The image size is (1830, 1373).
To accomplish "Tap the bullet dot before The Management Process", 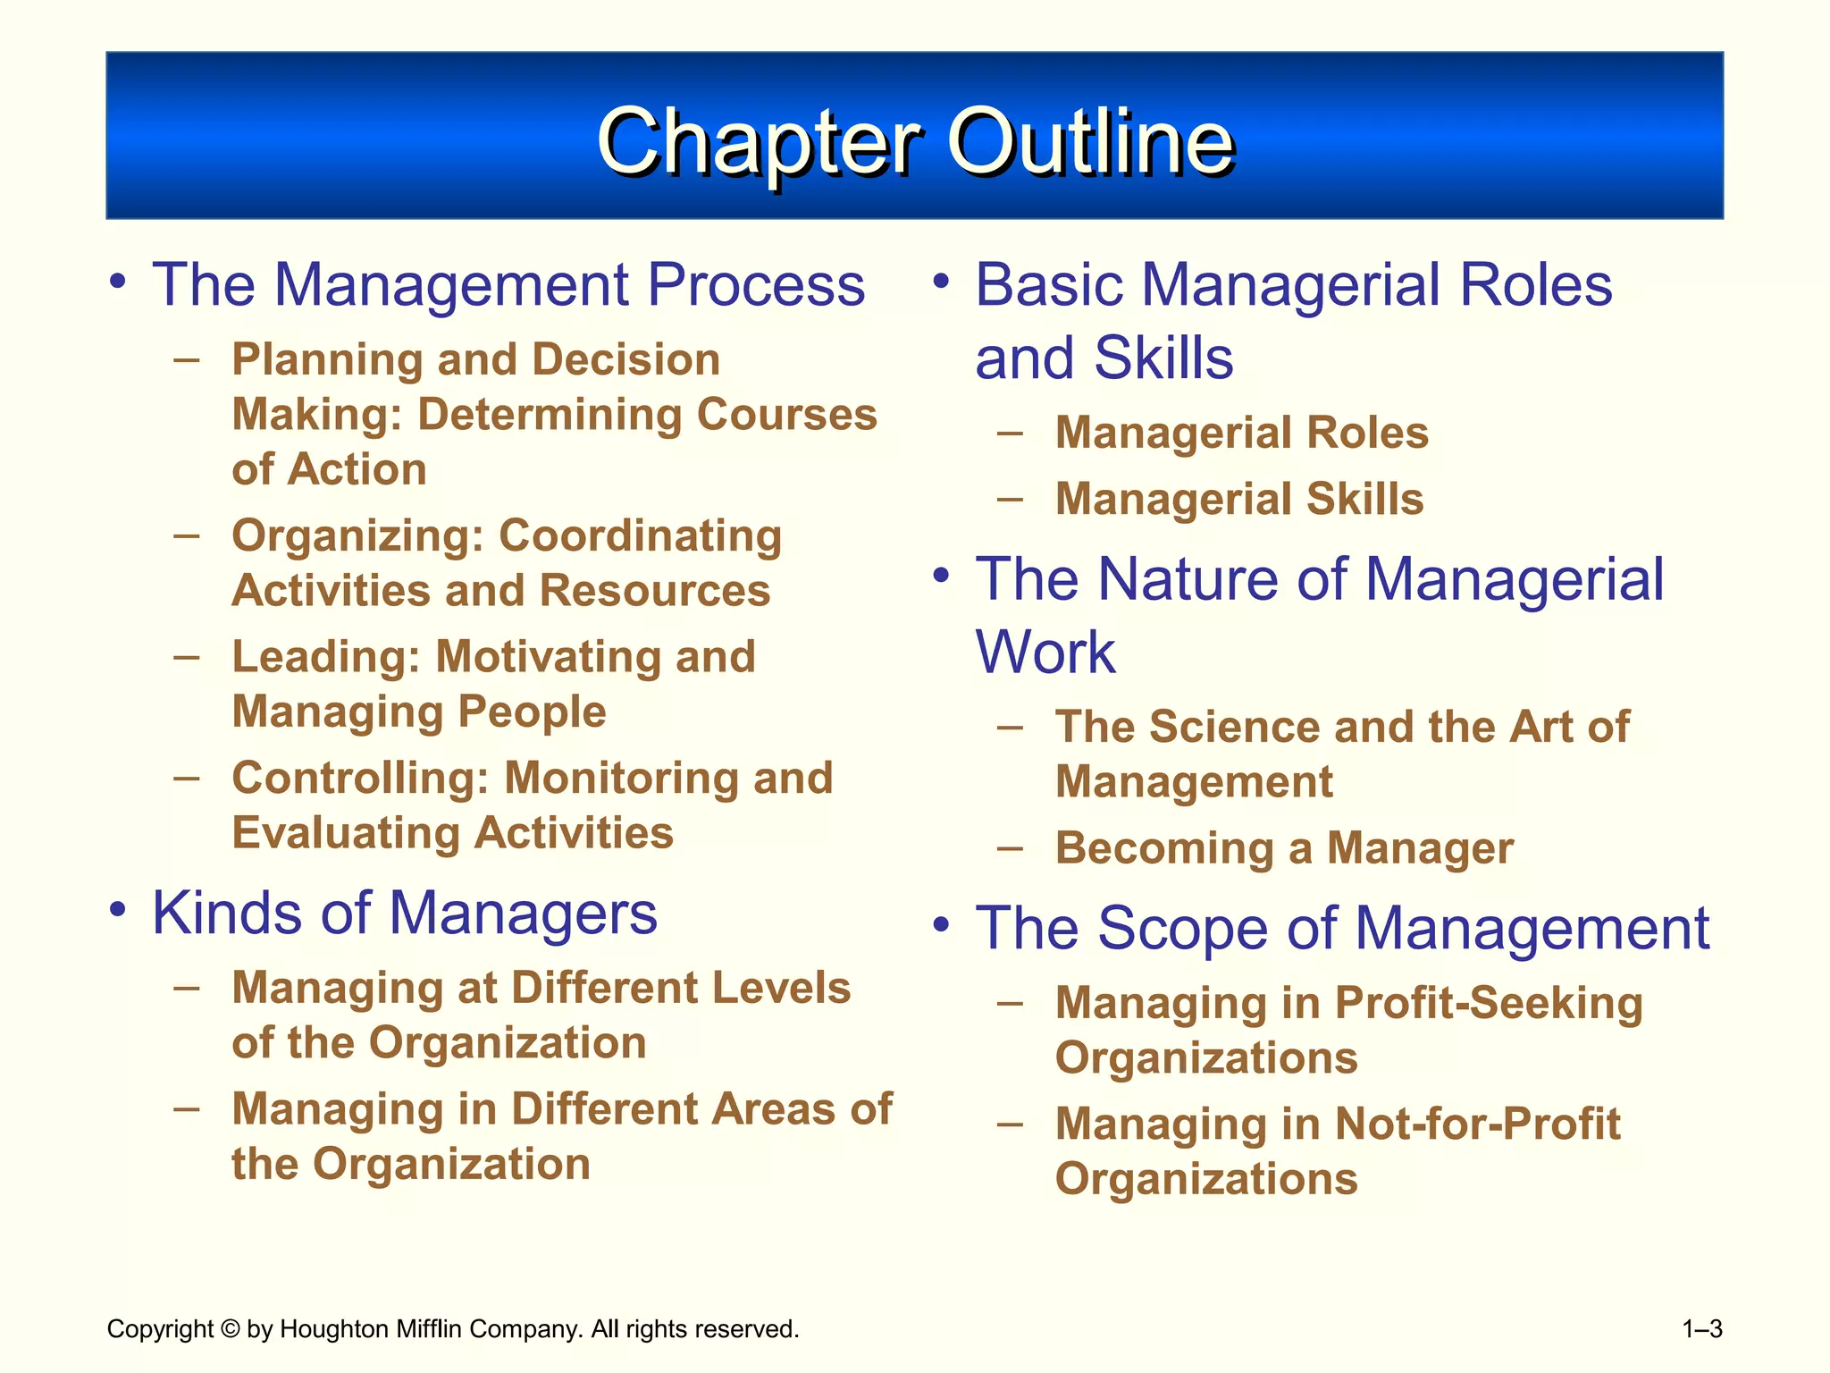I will [117, 282].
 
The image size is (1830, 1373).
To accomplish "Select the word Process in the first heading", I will [756, 286].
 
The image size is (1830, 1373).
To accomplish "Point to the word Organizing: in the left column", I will [357, 537].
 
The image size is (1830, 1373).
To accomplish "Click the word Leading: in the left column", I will [325, 658].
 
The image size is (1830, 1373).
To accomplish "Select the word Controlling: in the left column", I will [361, 779].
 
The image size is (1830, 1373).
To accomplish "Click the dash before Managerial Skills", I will [1010, 498].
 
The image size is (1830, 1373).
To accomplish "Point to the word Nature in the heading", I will [1189, 580].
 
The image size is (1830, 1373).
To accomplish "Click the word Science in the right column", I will [1234, 727].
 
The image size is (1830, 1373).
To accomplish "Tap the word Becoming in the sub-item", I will [1164, 849].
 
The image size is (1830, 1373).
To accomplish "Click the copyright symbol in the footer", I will [230, 1329].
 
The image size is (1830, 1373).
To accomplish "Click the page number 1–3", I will [1701, 1329].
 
